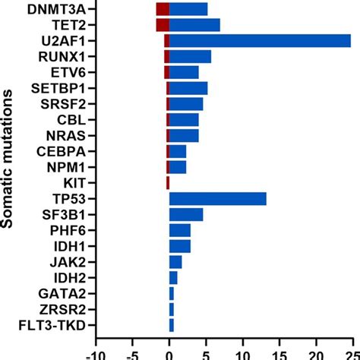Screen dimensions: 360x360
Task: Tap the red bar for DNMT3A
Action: coord(162,9)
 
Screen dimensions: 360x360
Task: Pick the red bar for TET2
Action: coord(162,25)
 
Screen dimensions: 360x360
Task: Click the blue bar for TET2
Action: coord(194,25)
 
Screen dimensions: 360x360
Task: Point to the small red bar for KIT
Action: coord(167,183)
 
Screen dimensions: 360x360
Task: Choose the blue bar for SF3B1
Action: coord(186,215)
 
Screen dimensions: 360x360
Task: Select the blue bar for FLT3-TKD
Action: coord(171,326)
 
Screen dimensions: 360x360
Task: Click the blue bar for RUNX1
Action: coord(190,57)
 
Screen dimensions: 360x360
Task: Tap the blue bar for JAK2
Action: coord(175,262)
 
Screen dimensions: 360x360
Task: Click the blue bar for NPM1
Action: coord(178,167)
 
